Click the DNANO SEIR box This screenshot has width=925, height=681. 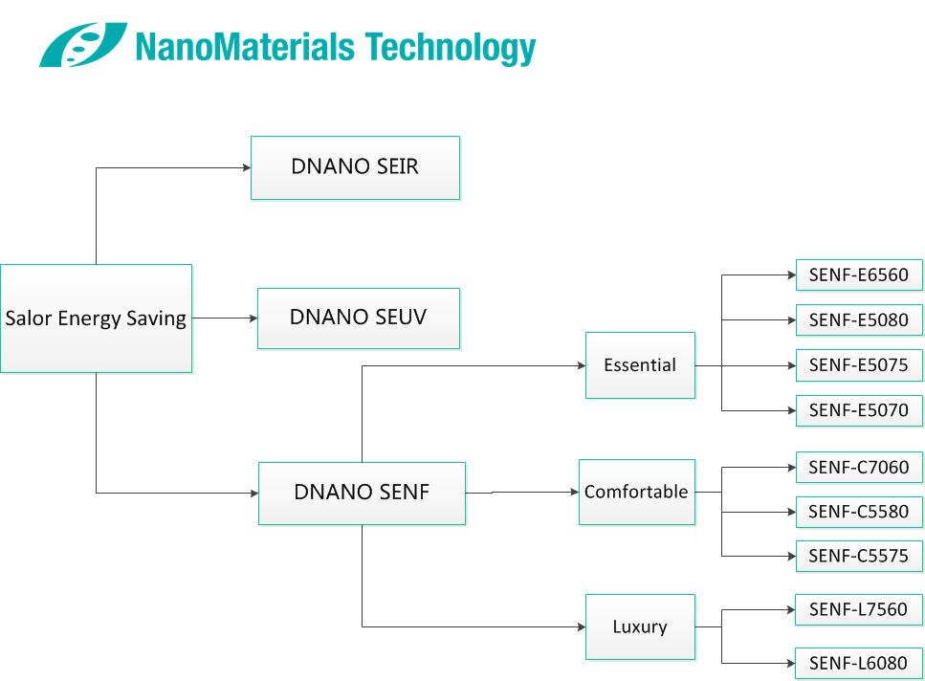pos(355,168)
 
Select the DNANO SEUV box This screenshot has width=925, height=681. pos(359,319)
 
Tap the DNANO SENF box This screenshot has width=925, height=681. pos(363,493)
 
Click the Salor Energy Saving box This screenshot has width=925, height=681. pos(97,319)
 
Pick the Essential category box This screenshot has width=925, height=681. pos(640,365)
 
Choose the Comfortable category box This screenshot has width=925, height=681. pos(637,492)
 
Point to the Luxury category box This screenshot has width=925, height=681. pos(640,626)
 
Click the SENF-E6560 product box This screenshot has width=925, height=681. pos(859,275)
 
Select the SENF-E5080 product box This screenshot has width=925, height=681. pos(859,320)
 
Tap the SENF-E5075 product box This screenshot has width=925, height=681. pos(859,365)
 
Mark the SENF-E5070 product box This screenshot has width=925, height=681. pos(859,410)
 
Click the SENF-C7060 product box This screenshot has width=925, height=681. pos(859,468)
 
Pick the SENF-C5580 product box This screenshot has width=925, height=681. pos(859,512)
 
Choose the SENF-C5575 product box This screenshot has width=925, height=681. pos(859,556)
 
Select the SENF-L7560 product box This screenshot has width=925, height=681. pos(859,609)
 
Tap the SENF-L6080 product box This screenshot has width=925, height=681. pos(859,664)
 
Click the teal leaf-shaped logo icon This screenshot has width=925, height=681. pos(83,45)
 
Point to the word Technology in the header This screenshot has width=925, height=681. pos(451,48)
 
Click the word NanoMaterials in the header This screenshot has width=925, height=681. pos(246,46)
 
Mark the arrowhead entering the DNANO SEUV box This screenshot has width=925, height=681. pos(253,319)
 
